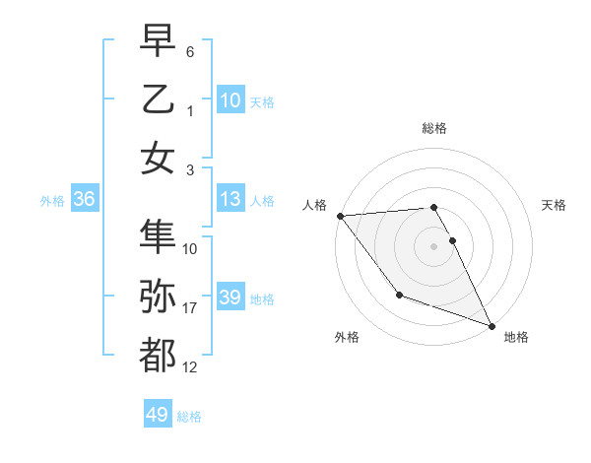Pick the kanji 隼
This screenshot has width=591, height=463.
(x=158, y=235)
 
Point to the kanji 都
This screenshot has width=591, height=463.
(x=158, y=356)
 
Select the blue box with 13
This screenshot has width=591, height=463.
(x=230, y=200)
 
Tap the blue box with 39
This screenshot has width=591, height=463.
(x=230, y=298)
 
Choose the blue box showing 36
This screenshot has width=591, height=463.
(x=84, y=200)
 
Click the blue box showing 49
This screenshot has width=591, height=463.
(x=158, y=415)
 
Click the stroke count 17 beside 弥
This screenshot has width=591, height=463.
(x=190, y=309)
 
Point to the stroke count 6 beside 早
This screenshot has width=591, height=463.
(x=190, y=51)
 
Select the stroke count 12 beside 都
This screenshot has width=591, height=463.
(x=190, y=368)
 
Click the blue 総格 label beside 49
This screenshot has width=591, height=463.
(x=190, y=417)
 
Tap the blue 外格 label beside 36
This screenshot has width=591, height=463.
(x=52, y=201)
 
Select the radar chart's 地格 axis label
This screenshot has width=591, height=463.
(x=516, y=337)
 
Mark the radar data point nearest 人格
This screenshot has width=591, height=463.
(x=340, y=216)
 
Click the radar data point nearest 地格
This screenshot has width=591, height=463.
(x=491, y=325)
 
